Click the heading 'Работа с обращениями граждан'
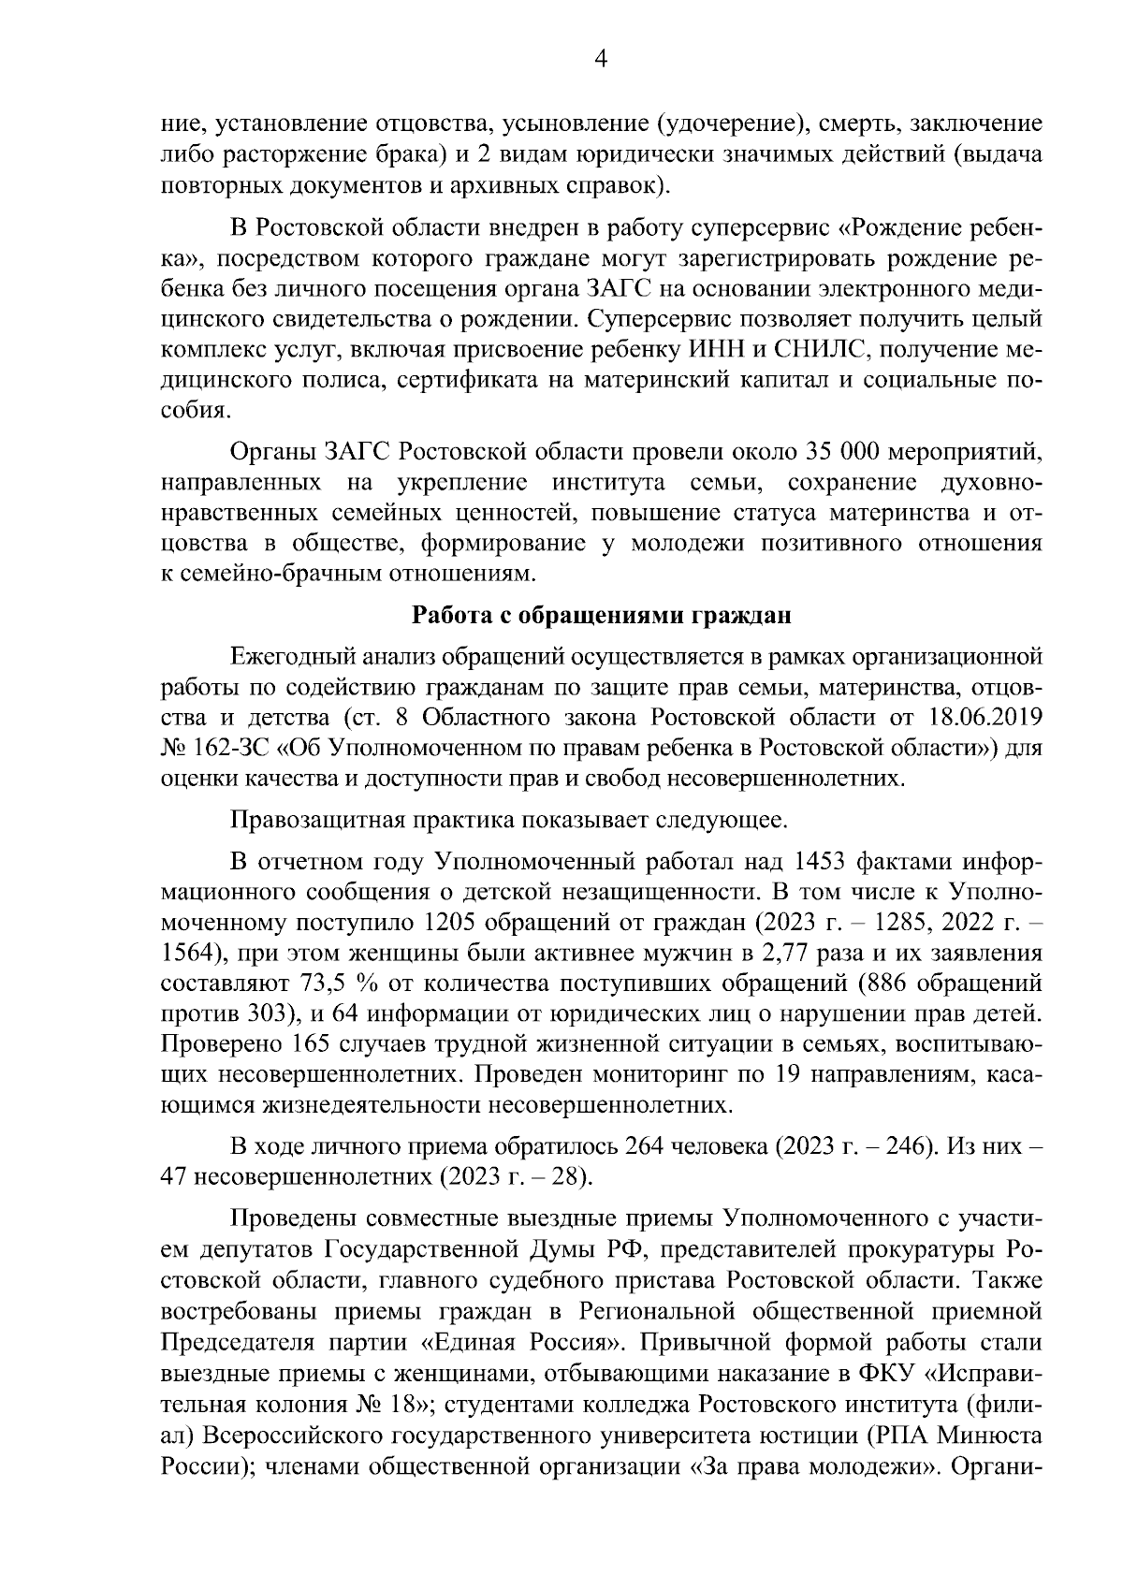(x=602, y=616)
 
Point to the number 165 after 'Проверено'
(x=310, y=1044)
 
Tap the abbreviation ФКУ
(x=880, y=1374)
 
